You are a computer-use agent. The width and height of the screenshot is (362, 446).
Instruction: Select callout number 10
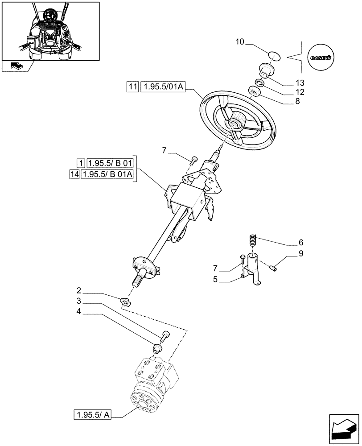pyautogui.click(x=239, y=42)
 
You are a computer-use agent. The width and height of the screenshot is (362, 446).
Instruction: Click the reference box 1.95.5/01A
pyautogui.click(x=162, y=87)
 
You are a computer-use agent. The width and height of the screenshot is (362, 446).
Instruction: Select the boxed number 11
pyautogui.click(x=132, y=87)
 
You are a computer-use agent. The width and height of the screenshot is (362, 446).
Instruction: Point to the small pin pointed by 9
pyautogui.click(x=275, y=268)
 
